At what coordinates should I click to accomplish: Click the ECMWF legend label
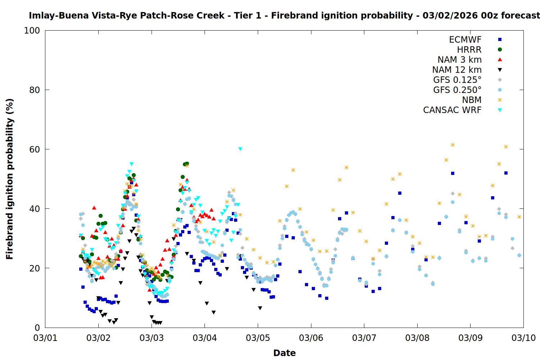[465, 40]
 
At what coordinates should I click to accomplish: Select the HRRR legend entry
[469, 50]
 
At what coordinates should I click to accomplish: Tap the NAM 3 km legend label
[459, 60]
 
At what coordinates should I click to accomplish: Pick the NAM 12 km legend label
[457, 70]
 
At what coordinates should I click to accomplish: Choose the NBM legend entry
[472, 100]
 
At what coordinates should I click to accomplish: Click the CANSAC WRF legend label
[452, 110]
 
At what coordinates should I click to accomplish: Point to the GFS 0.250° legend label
[457, 90]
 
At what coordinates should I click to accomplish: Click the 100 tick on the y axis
[32, 31]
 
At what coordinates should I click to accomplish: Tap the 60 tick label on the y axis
[35, 149]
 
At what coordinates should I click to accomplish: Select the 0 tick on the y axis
[37, 328]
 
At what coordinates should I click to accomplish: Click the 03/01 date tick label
[45, 338]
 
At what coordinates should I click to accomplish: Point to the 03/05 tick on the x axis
[258, 338]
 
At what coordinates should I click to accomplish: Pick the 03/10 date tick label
[523, 338]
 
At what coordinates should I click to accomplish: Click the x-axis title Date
[284, 353]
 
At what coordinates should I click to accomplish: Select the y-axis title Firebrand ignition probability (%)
[9, 179]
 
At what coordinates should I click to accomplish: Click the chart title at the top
[284, 15]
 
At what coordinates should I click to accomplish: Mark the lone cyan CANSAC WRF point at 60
[240, 149]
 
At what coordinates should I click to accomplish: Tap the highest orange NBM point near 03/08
[453, 145]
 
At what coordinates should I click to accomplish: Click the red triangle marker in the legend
[500, 60]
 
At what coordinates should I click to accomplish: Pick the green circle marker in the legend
[500, 50]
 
